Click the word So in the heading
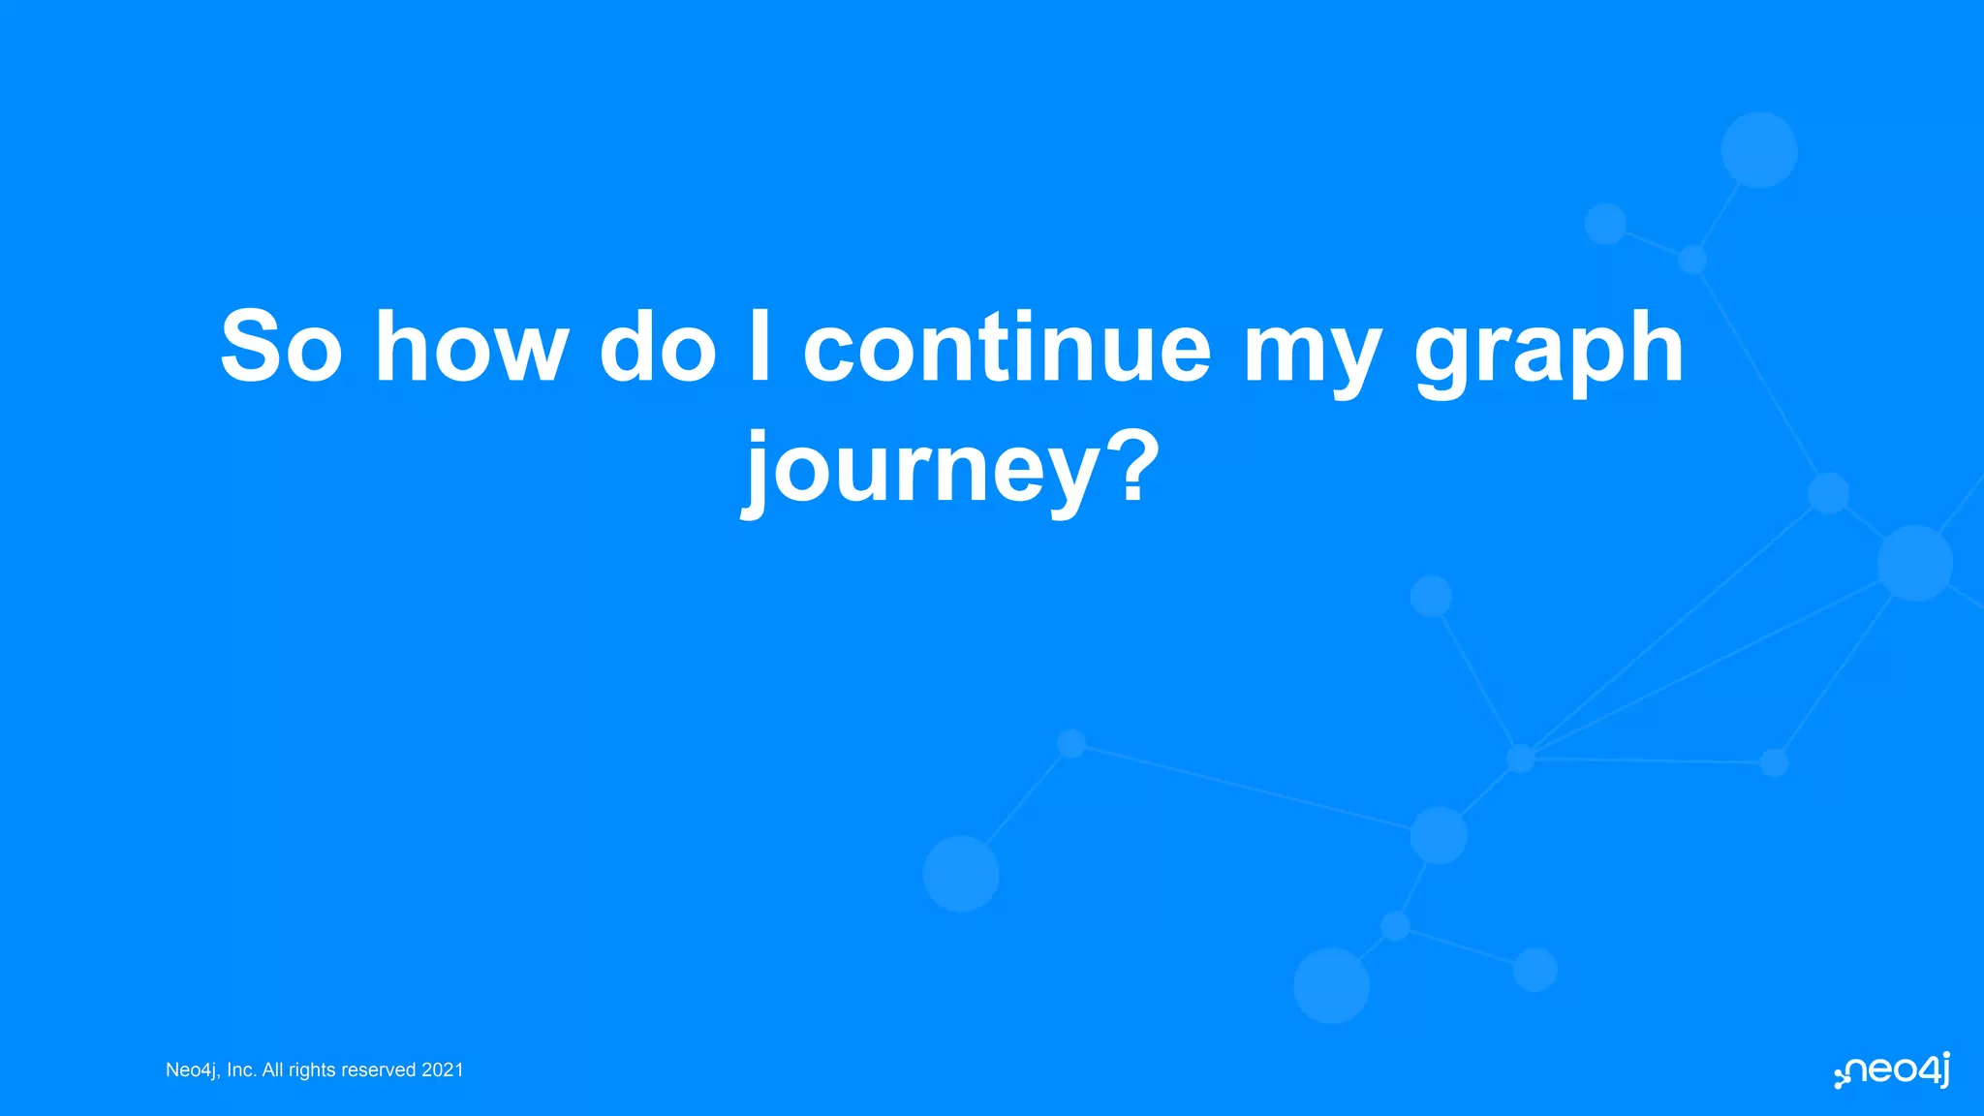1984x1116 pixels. pos(281,347)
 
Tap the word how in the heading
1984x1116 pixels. pos(471,347)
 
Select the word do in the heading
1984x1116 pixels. pos(658,347)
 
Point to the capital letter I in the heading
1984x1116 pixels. pos(760,347)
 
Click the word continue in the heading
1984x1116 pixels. pos(1007,347)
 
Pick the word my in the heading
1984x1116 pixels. pos(1312,354)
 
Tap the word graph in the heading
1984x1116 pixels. pos(1548,354)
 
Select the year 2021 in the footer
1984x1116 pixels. pos(443,1069)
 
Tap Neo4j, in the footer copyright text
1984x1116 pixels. pos(193,1070)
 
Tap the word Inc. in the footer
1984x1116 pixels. pos(241,1069)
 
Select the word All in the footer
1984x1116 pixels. pos(272,1069)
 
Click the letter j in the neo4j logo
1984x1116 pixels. pos(1943,1070)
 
